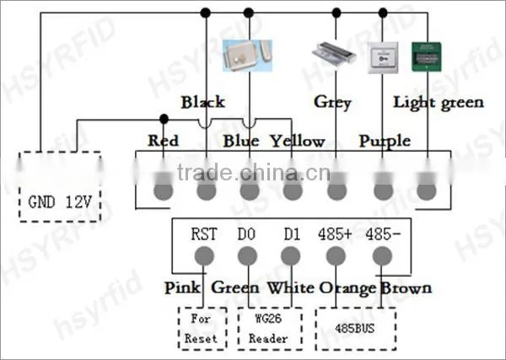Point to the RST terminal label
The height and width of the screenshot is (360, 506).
point(204,234)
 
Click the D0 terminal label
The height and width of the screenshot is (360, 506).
point(246,234)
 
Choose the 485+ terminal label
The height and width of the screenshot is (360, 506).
point(335,234)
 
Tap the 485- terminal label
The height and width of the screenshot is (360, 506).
point(383,234)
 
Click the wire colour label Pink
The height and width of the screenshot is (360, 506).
point(182,287)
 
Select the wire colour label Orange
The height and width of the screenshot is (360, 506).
point(347,288)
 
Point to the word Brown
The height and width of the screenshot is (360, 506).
point(406,288)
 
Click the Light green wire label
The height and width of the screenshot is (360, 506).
point(439,103)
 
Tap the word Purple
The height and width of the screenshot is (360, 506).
point(385,142)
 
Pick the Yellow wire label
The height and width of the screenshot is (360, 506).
point(297,142)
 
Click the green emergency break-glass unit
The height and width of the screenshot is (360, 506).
point(426,56)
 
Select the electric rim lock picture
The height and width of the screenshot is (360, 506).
point(247,56)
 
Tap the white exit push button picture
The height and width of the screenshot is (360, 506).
point(383,57)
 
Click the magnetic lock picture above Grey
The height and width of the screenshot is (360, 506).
point(334,54)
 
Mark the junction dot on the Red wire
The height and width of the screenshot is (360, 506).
point(164,119)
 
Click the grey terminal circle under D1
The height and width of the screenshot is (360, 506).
point(291,256)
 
